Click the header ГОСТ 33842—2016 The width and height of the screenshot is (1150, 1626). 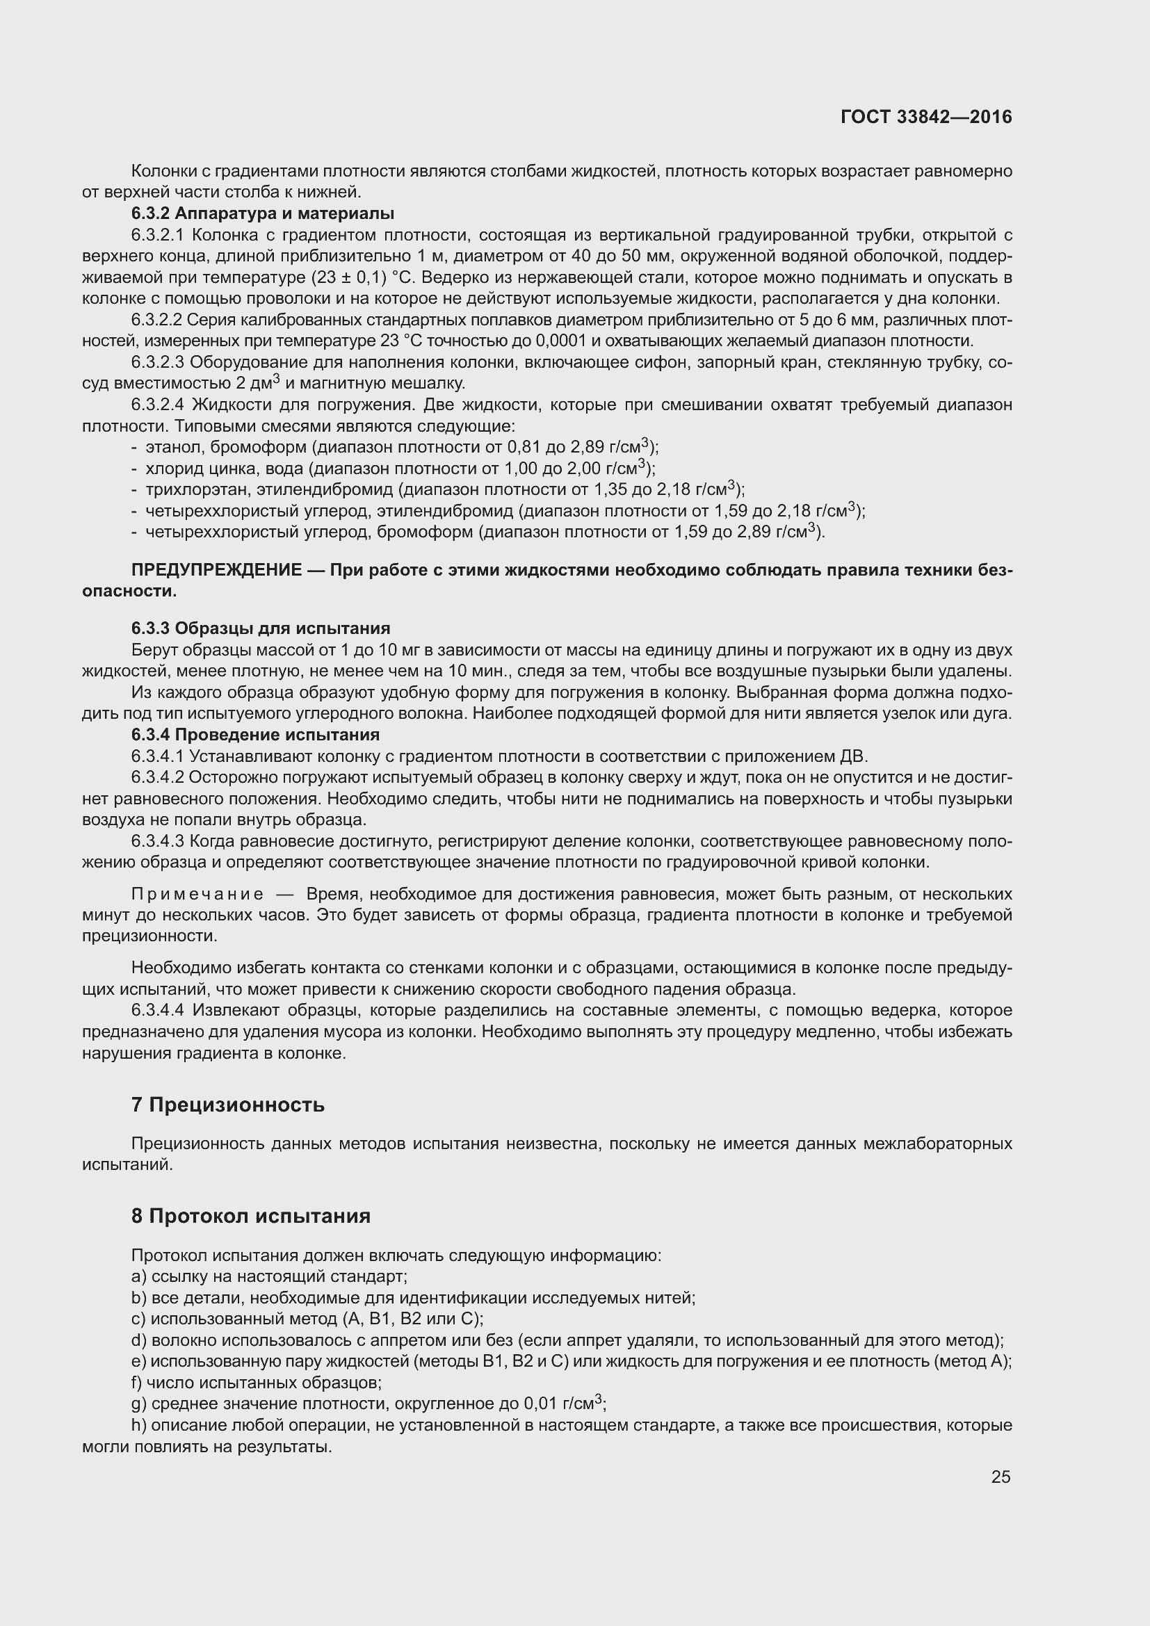(x=926, y=117)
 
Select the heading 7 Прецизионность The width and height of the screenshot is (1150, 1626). (x=227, y=1105)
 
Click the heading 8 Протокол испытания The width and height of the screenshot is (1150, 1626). (x=251, y=1216)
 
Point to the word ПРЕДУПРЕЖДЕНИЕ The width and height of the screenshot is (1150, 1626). (x=217, y=570)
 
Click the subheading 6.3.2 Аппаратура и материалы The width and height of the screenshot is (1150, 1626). (x=263, y=213)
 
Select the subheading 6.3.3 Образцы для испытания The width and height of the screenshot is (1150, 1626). (x=261, y=628)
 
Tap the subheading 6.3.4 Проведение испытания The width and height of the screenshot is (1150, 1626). (x=256, y=734)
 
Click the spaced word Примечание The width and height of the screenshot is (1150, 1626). (x=197, y=894)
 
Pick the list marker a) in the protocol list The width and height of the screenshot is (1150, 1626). (x=138, y=1276)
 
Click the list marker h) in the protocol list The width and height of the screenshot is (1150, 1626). (x=138, y=1425)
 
